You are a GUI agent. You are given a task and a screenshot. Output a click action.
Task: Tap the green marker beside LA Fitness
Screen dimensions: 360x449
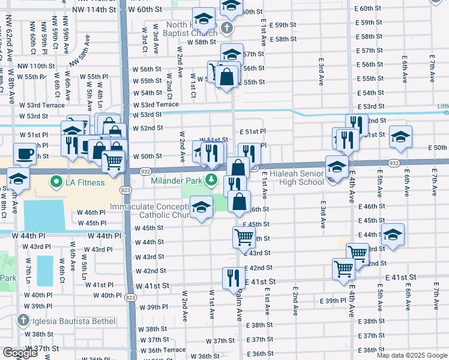click(56, 181)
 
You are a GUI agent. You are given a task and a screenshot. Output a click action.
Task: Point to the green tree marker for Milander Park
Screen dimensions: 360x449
click(211, 179)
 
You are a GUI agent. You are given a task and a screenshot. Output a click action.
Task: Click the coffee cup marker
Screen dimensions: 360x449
click(25, 154)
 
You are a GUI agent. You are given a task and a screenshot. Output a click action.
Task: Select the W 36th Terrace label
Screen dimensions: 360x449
click(163, 350)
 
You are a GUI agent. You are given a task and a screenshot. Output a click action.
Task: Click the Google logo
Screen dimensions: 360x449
click(20, 353)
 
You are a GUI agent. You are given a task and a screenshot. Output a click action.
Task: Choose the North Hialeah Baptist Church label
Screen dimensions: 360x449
click(192, 29)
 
